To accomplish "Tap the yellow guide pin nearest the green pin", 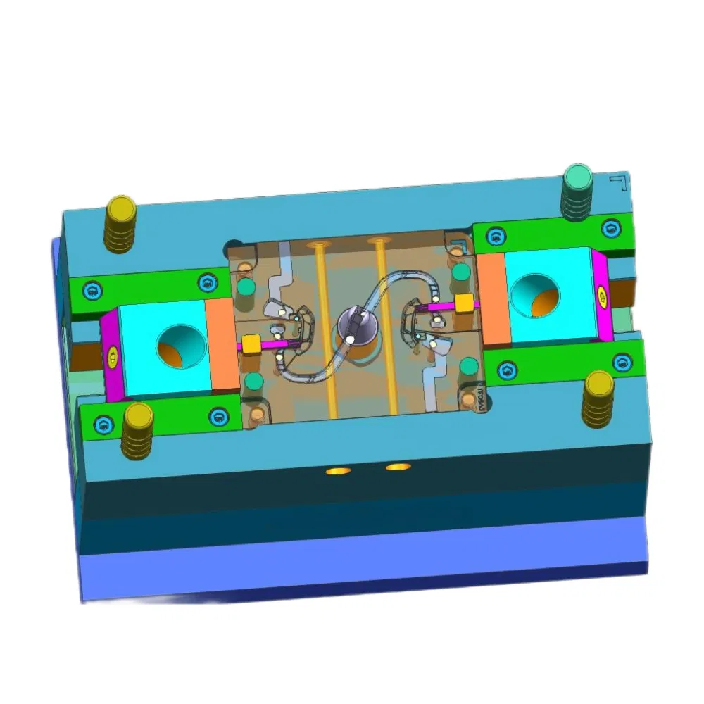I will tap(599, 400).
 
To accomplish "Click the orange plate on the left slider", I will tap(222, 345).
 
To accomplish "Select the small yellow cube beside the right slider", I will tap(464, 303).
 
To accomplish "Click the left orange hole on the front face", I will tap(337, 470).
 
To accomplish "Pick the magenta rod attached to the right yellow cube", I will tap(436, 307).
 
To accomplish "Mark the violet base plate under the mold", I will tap(352, 563).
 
